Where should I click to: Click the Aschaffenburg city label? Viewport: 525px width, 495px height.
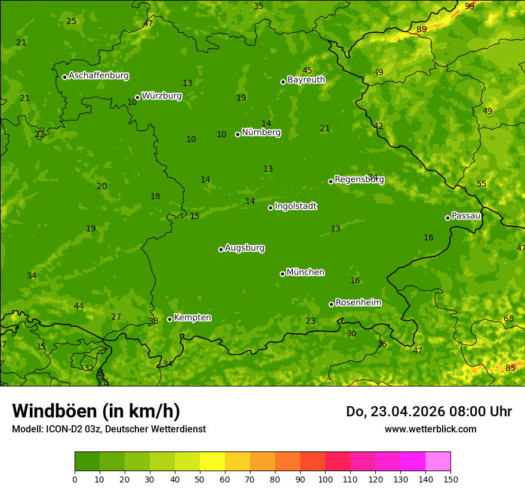pos(98,76)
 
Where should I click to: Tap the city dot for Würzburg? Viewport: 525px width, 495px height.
pos(137,97)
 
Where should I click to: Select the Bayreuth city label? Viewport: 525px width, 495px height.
pos(306,80)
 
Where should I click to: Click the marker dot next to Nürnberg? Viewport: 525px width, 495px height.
pos(237,134)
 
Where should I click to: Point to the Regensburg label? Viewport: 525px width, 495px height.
pos(359,180)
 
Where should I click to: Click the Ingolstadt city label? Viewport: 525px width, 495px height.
pos(295,206)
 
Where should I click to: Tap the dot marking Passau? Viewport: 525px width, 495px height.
pos(447,218)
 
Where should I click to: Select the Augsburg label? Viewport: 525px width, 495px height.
pos(245,248)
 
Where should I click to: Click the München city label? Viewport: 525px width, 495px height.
pos(305,273)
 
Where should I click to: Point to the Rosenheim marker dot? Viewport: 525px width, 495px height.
pos(331,304)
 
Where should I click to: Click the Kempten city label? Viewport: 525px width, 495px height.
pos(192,318)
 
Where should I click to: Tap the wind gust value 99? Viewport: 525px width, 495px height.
pos(470,6)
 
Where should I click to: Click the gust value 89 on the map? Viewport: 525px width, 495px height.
pos(422,29)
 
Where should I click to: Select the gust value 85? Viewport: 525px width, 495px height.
pos(510,368)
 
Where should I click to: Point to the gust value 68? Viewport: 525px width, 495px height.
pos(508,318)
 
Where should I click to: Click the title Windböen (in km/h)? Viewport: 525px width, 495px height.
pos(96,411)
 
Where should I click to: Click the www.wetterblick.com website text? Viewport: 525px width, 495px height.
pos(430,429)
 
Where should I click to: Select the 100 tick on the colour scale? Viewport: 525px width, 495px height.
pos(325,479)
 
